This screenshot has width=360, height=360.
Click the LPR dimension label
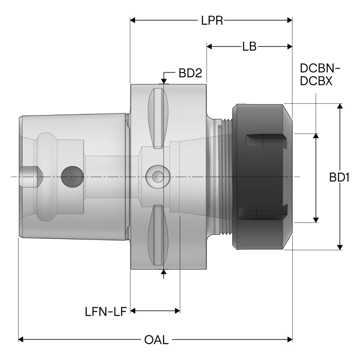(212, 20)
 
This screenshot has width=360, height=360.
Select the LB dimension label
(249, 46)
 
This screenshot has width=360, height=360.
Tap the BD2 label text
(190, 73)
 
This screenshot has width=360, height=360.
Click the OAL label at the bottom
(156, 340)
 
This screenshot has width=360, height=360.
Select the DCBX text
(316, 81)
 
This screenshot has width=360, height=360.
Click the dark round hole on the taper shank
(73, 177)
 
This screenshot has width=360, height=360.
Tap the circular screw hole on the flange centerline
(158, 177)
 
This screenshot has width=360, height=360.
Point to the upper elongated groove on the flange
(158, 118)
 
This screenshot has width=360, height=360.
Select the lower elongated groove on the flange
(158, 235)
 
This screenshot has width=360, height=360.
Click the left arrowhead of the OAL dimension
(21, 339)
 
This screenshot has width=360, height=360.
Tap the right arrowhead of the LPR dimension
(290, 20)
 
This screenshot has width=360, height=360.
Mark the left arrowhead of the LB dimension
(209, 46)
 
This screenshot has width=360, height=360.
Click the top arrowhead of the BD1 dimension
(340, 106)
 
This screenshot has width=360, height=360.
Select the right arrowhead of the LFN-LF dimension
(177, 311)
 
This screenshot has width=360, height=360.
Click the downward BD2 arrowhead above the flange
(164, 81)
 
